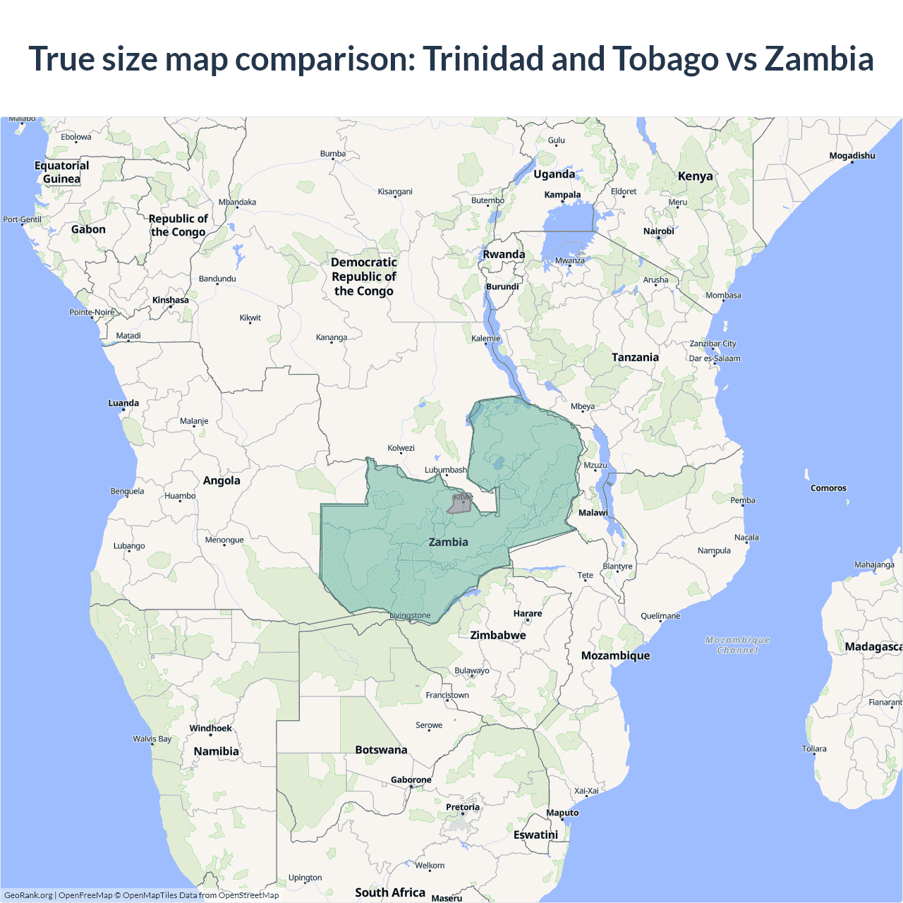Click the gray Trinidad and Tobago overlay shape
point(459,504)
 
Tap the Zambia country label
point(448,542)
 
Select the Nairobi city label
point(658,231)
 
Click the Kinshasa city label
point(170,300)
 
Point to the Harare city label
point(527,614)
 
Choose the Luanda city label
point(123,404)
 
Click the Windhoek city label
point(210,728)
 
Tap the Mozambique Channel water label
point(737,645)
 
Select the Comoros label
point(828,488)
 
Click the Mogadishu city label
point(852,156)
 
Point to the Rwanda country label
point(503,255)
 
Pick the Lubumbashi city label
point(445,470)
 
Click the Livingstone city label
point(410,615)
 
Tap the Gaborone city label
point(411,780)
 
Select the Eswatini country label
point(535,835)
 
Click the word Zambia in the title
point(818,59)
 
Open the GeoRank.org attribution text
point(28,895)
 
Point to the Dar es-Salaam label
point(715,358)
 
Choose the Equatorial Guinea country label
point(62,172)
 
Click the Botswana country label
point(381,750)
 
